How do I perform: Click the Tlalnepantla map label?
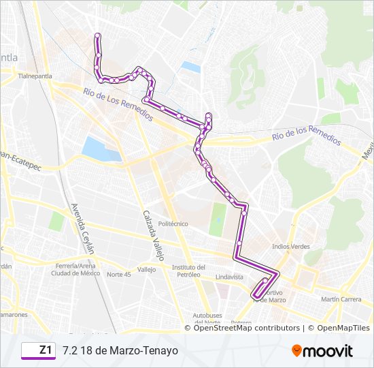(x=35, y=76)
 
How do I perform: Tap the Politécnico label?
(x=173, y=224)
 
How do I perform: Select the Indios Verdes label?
(x=290, y=246)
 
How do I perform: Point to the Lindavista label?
(x=229, y=277)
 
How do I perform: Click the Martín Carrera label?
(x=341, y=299)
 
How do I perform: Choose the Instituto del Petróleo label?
(x=189, y=271)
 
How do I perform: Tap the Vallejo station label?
(x=146, y=270)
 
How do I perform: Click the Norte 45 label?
(x=118, y=274)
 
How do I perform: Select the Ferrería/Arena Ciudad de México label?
(x=75, y=269)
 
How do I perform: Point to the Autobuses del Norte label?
(x=208, y=319)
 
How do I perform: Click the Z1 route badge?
(x=38, y=350)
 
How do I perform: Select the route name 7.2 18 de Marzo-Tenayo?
(x=120, y=350)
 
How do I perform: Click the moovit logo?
(x=322, y=351)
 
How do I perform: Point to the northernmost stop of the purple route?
(x=98, y=35)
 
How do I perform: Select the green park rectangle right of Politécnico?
(x=218, y=219)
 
